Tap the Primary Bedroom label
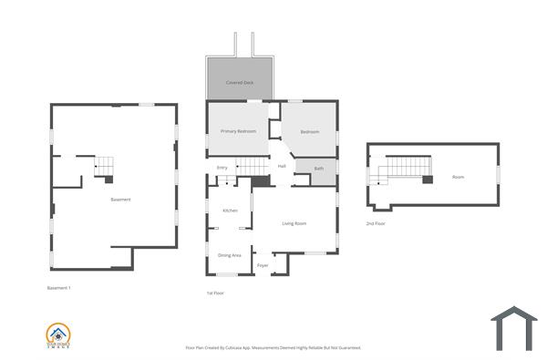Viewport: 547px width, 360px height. (x=239, y=131)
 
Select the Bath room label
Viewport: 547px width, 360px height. (x=319, y=169)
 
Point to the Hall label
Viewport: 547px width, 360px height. (x=282, y=166)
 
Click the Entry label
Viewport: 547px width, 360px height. (x=222, y=168)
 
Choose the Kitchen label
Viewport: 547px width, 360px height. (x=230, y=211)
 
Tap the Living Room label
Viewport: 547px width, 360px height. (x=294, y=223)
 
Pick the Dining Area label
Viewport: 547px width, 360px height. (x=230, y=255)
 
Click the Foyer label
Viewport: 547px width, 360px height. (x=263, y=265)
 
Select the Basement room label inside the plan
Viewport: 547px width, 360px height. (x=120, y=200)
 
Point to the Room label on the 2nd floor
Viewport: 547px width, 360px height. (x=458, y=177)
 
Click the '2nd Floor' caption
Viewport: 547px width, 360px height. (x=377, y=223)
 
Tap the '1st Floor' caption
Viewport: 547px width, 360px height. (x=216, y=293)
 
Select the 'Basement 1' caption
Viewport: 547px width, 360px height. (x=59, y=288)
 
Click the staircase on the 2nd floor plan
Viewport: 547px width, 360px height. (x=407, y=167)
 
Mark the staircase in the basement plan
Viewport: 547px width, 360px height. (x=105, y=166)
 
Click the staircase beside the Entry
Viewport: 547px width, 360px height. (x=253, y=165)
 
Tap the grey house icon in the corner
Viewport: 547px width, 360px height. (x=514, y=328)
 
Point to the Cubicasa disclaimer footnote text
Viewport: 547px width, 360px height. (x=273, y=347)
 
